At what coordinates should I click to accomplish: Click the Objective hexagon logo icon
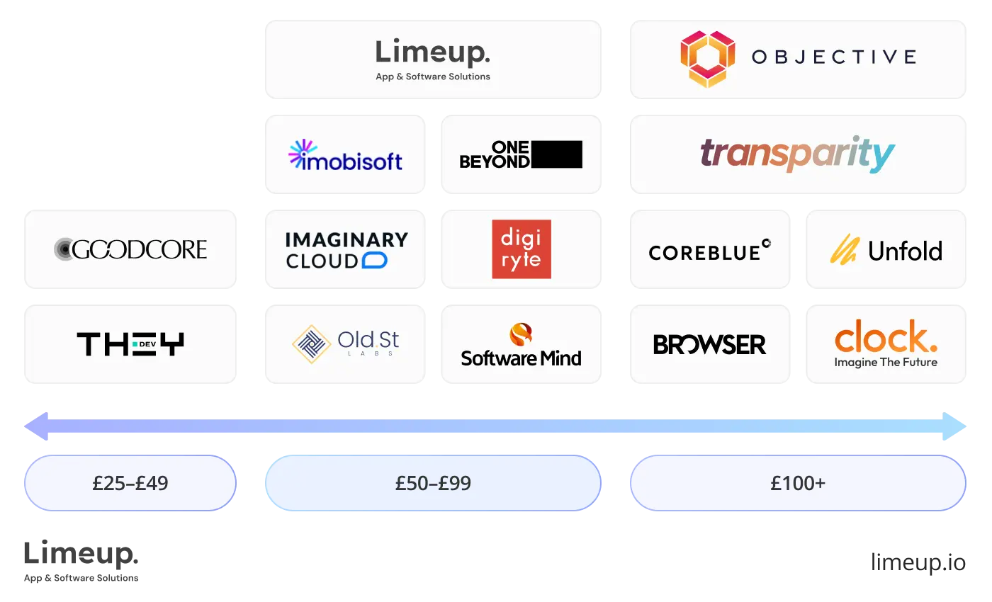(x=707, y=59)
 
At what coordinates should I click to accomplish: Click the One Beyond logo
(x=521, y=154)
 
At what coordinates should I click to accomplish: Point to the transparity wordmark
(x=797, y=154)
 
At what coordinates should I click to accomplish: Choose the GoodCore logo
(x=130, y=249)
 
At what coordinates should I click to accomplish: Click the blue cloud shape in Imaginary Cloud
(x=374, y=261)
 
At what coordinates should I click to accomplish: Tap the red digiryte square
(x=522, y=249)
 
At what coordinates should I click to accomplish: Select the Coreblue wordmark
(x=709, y=251)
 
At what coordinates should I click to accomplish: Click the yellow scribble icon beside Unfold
(x=844, y=249)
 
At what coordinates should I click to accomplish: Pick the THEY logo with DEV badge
(x=130, y=344)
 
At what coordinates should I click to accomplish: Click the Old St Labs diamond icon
(x=312, y=344)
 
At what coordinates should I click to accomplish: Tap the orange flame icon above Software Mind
(x=521, y=334)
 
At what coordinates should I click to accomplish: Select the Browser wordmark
(x=709, y=345)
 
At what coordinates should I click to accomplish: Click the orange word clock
(x=885, y=338)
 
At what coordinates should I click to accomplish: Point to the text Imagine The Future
(x=886, y=363)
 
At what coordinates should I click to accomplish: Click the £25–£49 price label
(x=130, y=484)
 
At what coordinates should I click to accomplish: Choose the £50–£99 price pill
(x=432, y=484)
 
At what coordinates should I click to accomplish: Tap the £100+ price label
(x=798, y=484)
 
